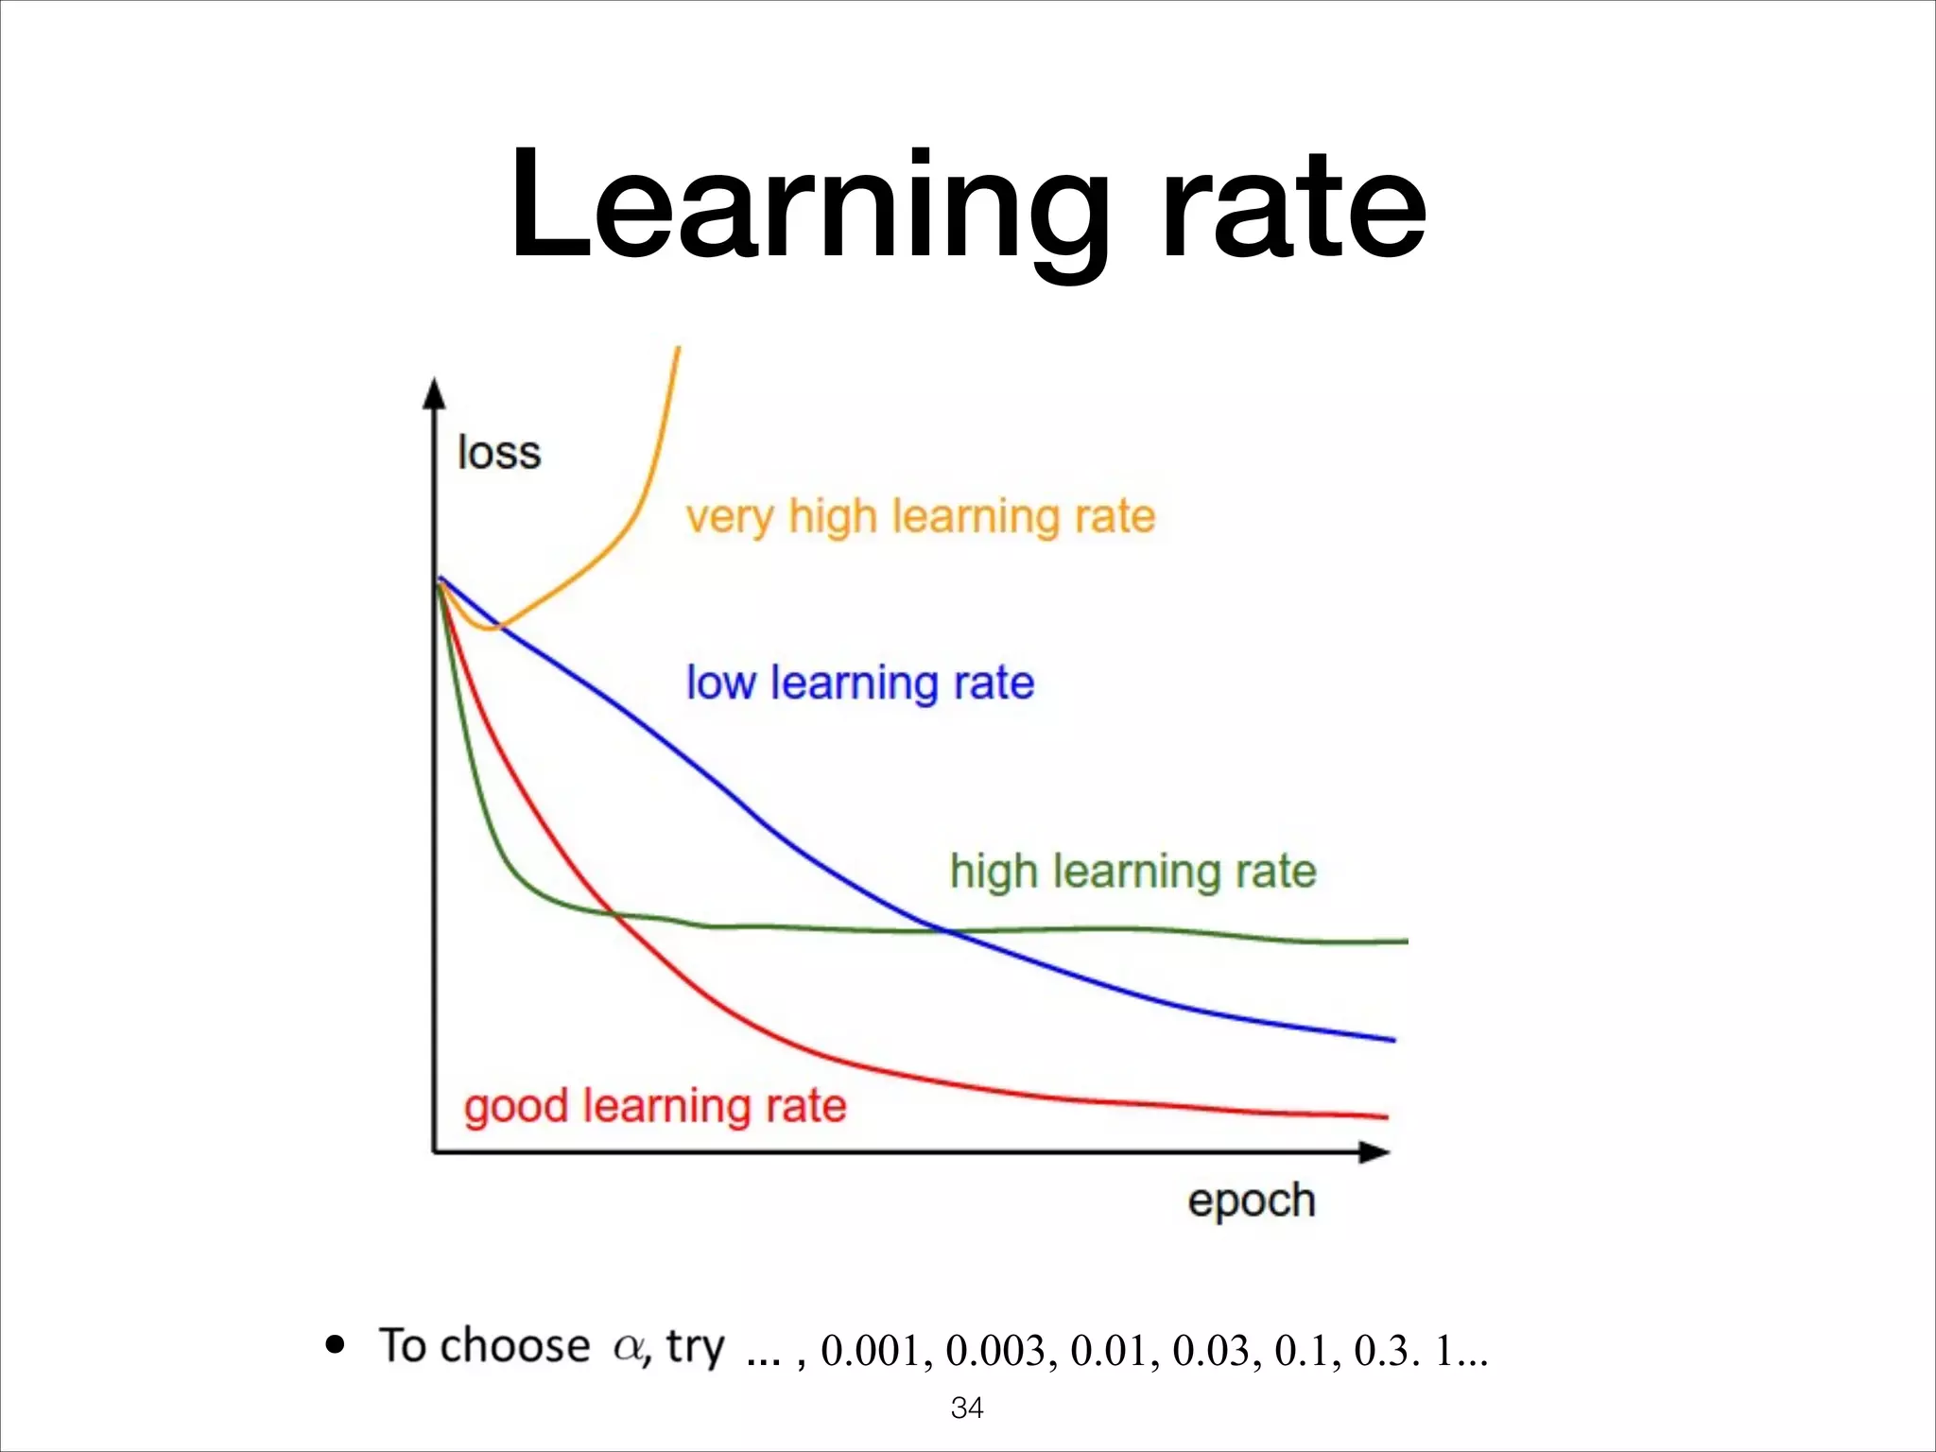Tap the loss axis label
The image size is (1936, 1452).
click(499, 453)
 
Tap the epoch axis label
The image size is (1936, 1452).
click(1251, 1201)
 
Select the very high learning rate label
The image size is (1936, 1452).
click(921, 517)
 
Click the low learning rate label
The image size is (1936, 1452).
click(859, 683)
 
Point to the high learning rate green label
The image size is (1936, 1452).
click(1132, 871)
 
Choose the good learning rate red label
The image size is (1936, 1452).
click(655, 1105)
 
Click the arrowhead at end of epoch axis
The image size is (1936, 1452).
click(1374, 1152)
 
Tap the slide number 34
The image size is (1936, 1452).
click(967, 1408)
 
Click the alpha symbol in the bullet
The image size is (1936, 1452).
click(628, 1346)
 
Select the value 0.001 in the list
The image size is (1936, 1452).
click(871, 1351)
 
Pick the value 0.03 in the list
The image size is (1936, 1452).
click(1211, 1351)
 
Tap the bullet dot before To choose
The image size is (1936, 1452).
click(335, 1344)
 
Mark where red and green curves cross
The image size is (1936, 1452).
click(614, 913)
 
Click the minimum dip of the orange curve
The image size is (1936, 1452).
click(489, 628)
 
